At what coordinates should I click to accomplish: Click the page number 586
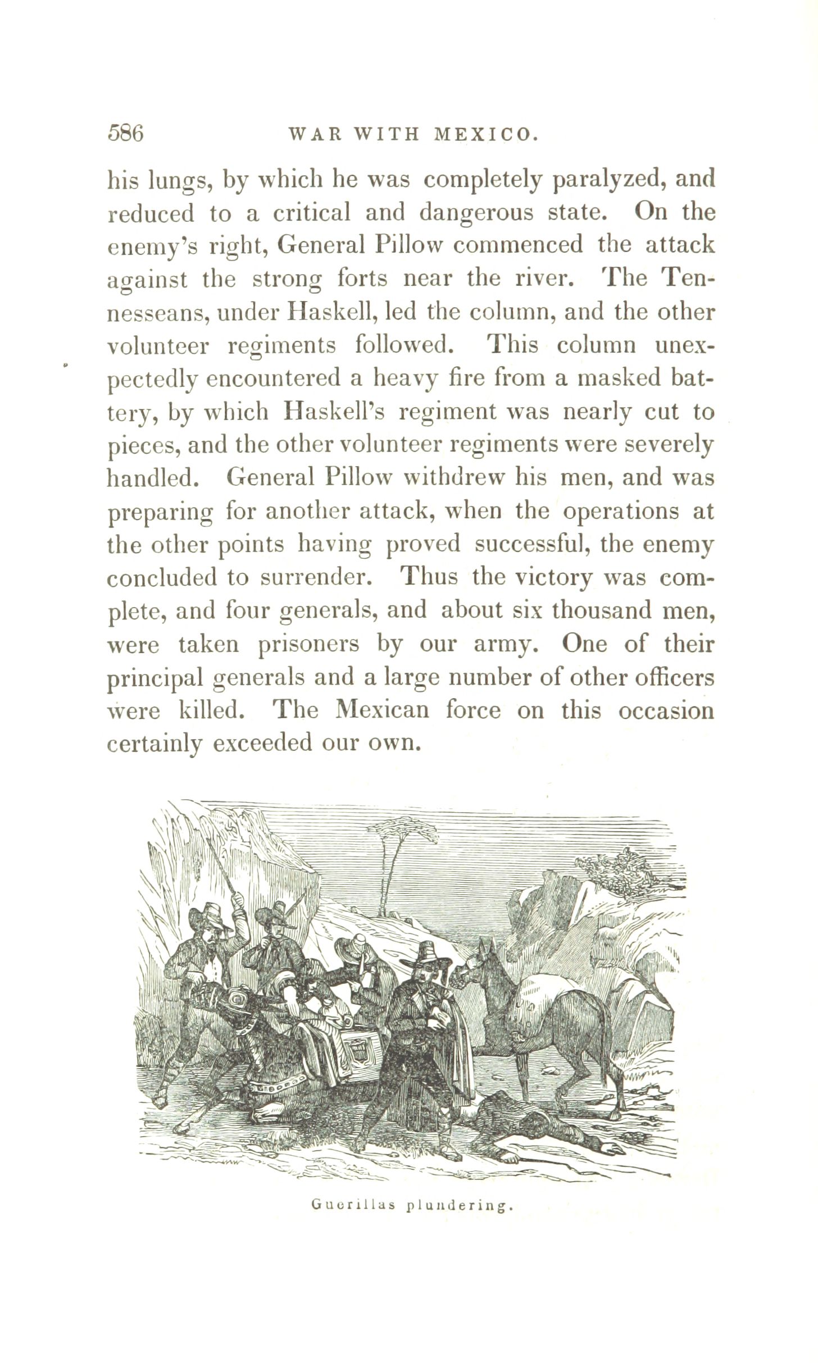(125, 134)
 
